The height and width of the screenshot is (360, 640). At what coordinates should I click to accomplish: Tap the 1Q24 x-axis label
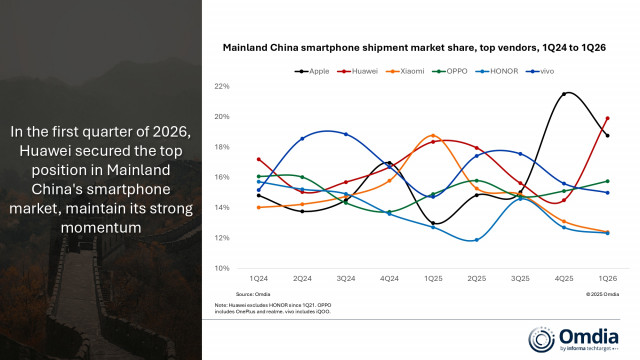(258, 277)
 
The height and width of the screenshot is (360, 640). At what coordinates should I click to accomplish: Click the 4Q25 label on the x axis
(564, 277)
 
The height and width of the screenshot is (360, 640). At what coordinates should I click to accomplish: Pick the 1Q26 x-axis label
(607, 277)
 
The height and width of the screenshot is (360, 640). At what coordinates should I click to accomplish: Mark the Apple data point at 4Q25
(564, 94)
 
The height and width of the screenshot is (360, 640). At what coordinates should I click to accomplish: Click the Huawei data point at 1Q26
(607, 118)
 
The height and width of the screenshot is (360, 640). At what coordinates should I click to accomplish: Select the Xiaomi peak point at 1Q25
(433, 135)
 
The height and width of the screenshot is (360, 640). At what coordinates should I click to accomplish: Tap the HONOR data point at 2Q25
(477, 240)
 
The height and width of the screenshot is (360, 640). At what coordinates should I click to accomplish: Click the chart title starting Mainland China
(413, 48)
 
